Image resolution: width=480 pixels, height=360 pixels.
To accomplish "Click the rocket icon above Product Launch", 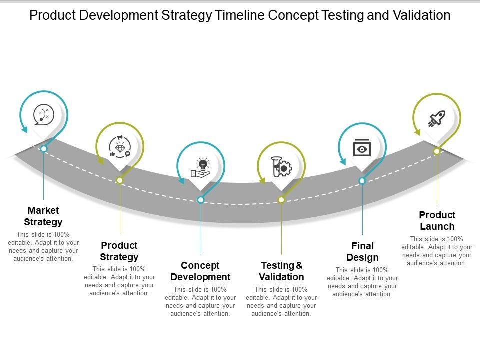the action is pos(437,119).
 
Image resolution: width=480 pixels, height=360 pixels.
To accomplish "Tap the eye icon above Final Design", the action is pos(362,148).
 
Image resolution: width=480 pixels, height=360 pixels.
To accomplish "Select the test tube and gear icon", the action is pos(281,167).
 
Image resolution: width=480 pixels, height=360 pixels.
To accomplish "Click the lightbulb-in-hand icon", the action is pos(201,168).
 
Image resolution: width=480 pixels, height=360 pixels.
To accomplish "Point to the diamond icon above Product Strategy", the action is pos(120,147).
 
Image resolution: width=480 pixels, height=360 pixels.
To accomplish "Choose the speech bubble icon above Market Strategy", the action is pos(44,115).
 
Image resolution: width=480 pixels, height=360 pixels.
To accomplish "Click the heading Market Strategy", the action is pos(43,216).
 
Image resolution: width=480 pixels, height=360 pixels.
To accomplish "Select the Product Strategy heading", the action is pos(119,251).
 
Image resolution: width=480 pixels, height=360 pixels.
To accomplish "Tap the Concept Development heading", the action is pos(200,271).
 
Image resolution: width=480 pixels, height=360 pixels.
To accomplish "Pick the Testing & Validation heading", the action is pos(281,271).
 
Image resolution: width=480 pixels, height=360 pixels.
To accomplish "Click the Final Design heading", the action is pos(363,252).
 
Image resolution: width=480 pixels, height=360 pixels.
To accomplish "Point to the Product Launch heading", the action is pos(437,220).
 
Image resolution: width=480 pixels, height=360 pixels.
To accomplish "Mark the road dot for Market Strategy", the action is pos(44,149).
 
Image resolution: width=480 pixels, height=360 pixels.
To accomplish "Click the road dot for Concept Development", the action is pos(201,200).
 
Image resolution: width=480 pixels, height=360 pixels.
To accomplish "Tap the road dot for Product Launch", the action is pos(437,151).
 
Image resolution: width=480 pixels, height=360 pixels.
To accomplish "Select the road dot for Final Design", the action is pos(362,181).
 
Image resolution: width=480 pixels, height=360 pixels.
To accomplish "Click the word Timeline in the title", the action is pos(240,15).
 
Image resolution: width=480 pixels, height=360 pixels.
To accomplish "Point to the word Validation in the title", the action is pos(422,15).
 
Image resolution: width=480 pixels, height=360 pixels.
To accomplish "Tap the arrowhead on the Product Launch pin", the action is pos(417,132).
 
